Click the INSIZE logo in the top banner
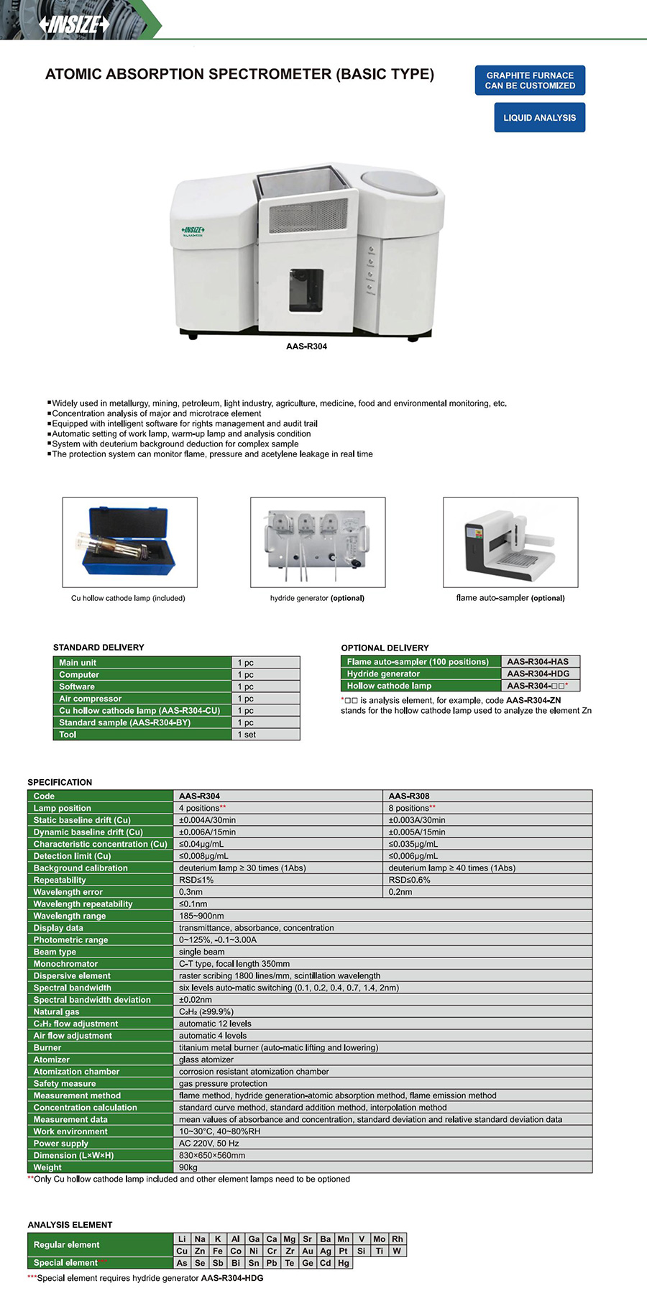pos(74,24)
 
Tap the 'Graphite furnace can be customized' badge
pos(530,81)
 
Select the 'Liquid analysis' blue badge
pos(539,118)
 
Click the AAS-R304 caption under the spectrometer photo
pos(306,346)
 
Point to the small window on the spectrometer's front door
pos(306,290)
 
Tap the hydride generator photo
pos(317,543)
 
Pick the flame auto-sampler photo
pos(510,543)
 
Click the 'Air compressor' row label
pos(91,699)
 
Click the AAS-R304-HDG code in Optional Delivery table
pos(538,674)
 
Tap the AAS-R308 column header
pos(409,796)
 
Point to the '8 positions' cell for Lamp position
pos(411,808)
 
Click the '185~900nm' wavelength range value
pos(201,916)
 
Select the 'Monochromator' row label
pos(65,964)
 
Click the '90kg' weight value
pos(188,1167)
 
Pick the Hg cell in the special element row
pos(344,1263)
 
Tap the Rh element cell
pos(398,1238)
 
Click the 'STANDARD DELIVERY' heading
pos(98,648)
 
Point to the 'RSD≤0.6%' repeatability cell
pos(410,880)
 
